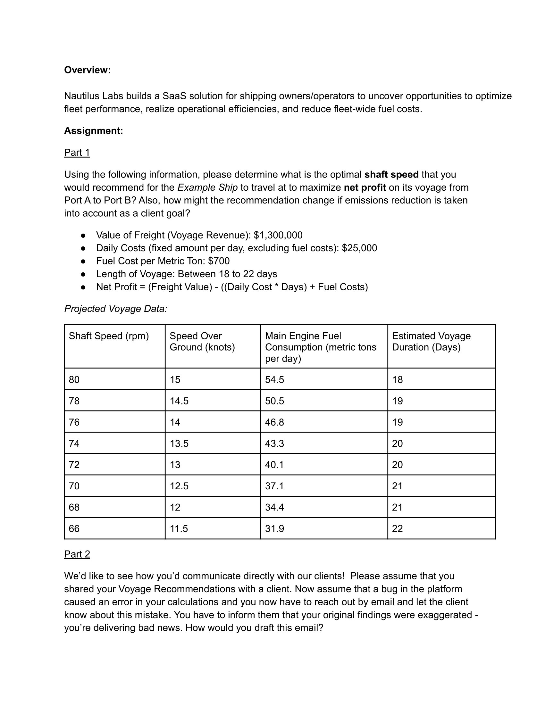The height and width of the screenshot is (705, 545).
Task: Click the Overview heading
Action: (x=87, y=70)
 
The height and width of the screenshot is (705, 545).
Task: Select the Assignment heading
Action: (x=93, y=131)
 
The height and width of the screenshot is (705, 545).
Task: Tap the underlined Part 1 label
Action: (x=77, y=152)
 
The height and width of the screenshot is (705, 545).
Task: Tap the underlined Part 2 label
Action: (x=77, y=554)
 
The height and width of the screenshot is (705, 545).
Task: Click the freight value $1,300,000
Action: (x=278, y=235)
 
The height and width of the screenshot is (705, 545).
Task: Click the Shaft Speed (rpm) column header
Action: (x=108, y=336)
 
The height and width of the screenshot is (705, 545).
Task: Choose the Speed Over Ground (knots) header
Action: (x=202, y=342)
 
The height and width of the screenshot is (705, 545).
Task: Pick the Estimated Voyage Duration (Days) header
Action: (x=431, y=342)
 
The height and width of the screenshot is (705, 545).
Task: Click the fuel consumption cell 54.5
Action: (x=274, y=380)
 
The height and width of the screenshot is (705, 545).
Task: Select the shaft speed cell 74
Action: (x=74, y=444)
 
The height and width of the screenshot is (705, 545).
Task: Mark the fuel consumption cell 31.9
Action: (x=274, y=529)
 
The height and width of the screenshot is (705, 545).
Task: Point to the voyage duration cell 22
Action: (x=398, y=529)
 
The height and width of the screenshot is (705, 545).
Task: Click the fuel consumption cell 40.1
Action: (x=274, y=465)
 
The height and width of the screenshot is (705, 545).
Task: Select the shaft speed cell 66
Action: (x=74, y=529)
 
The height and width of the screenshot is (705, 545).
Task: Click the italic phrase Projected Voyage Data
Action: (x=116, y=309)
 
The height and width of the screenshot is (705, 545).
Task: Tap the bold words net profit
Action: (x=365, y=187)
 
